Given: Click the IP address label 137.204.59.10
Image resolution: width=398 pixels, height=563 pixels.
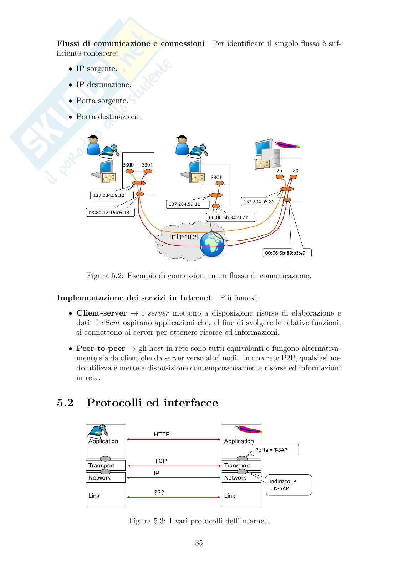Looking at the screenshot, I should pyautogui.click(x=109, y=195).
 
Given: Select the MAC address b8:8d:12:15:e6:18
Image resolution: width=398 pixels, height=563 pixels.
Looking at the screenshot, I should pyautogui.click(x=109, y=213).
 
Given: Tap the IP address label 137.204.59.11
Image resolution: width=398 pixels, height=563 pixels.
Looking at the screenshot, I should pyautogui.click(x=184, y=204).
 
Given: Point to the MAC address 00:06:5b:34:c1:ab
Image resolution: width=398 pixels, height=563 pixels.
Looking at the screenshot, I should pyautogui.click(x=229, y=217).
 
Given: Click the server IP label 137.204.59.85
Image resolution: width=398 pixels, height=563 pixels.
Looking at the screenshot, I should pyautogui.click(x=259, y=201).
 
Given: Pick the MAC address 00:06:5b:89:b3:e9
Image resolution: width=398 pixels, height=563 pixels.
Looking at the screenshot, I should pyautogui.click(x=285, y=253).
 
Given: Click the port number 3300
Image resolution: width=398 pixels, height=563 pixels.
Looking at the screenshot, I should pyautogui.click(x=128, y=165).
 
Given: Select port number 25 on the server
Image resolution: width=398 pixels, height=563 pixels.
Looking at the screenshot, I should pyautogui.click(x=279, y=170).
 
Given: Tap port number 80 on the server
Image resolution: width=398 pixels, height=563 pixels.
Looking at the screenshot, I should pyautogui.click(x=295, y=170).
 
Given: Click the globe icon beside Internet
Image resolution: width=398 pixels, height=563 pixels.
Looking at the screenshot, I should pyautogui.click(x=212, y=244).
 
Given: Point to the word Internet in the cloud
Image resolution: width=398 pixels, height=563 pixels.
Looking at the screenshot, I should pyautogui.click(x=184, y=236).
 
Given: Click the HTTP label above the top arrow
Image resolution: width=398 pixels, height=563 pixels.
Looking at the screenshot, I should pyautogui.click(x=162, y=434).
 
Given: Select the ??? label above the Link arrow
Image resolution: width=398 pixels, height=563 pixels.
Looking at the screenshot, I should pyautogui.click(x=159, y=492).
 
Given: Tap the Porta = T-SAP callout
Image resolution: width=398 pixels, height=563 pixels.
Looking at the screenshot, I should pyautogui.click(x=275, y=450).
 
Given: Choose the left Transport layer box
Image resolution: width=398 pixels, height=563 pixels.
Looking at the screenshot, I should pyautogui.click(x=105, y=465).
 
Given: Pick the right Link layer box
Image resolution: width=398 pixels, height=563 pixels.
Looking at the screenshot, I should pyautogui.click(x=241, y=496).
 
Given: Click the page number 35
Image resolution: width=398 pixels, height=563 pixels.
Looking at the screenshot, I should pyautogui.click(x=199, y=543).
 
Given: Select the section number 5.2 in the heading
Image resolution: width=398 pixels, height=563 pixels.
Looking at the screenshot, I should pyautogui.click(x=65, y=403).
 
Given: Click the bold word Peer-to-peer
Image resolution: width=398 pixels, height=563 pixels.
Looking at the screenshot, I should pyautogui.click(x=101, y=348).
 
